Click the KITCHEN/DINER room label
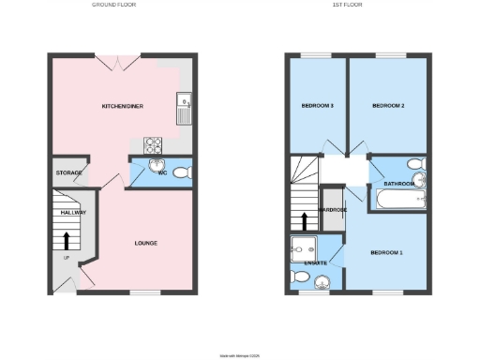pos(122,107)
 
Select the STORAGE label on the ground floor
pos(68,173)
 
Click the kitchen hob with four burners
pos(152,144)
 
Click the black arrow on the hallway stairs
pos(66,240)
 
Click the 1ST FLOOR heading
pos(348,5)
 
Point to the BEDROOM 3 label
pos(317,106)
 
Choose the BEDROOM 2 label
pos(388,106)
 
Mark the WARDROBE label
pos(332,210)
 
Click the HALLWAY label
pos(73,213)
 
